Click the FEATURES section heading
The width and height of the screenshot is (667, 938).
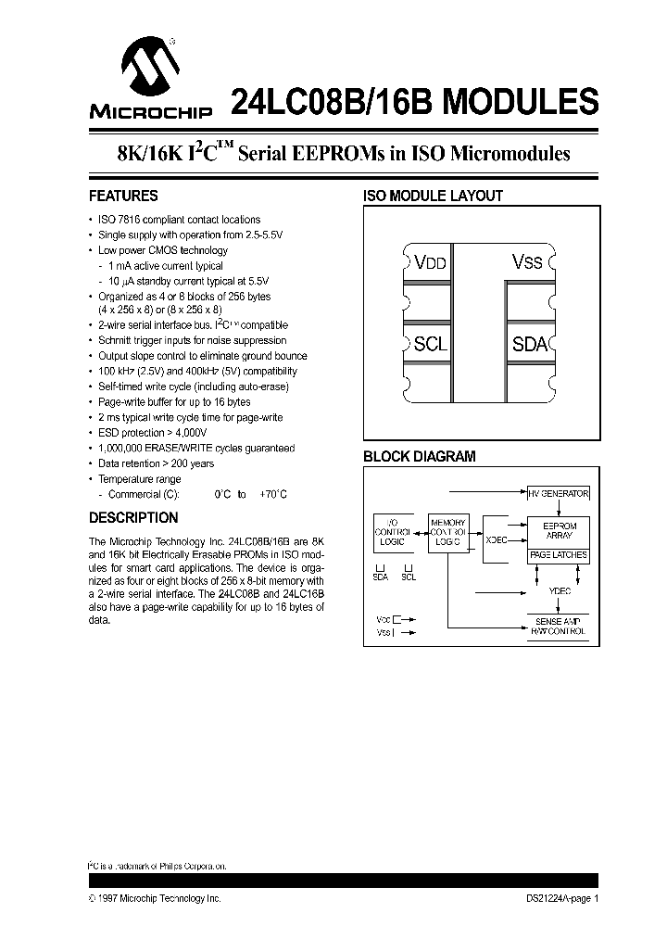[123, 196]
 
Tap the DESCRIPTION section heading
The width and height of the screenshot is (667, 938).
[133, 517]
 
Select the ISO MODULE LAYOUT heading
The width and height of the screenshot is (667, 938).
[432, 196]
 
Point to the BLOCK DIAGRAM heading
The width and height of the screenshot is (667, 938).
[419, 456]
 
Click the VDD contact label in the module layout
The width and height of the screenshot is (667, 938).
[431, 262]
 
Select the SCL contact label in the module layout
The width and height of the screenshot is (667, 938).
[431, 344]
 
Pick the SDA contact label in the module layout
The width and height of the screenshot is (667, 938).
[531, 344]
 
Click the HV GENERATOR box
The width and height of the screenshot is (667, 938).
[559, 494]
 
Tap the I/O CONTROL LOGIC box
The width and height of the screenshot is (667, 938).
[389, 533]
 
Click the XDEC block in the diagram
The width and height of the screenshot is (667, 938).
[497, 539]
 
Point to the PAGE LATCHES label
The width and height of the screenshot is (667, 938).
[559, 555]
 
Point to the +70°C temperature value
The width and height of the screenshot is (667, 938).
[273, 495]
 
